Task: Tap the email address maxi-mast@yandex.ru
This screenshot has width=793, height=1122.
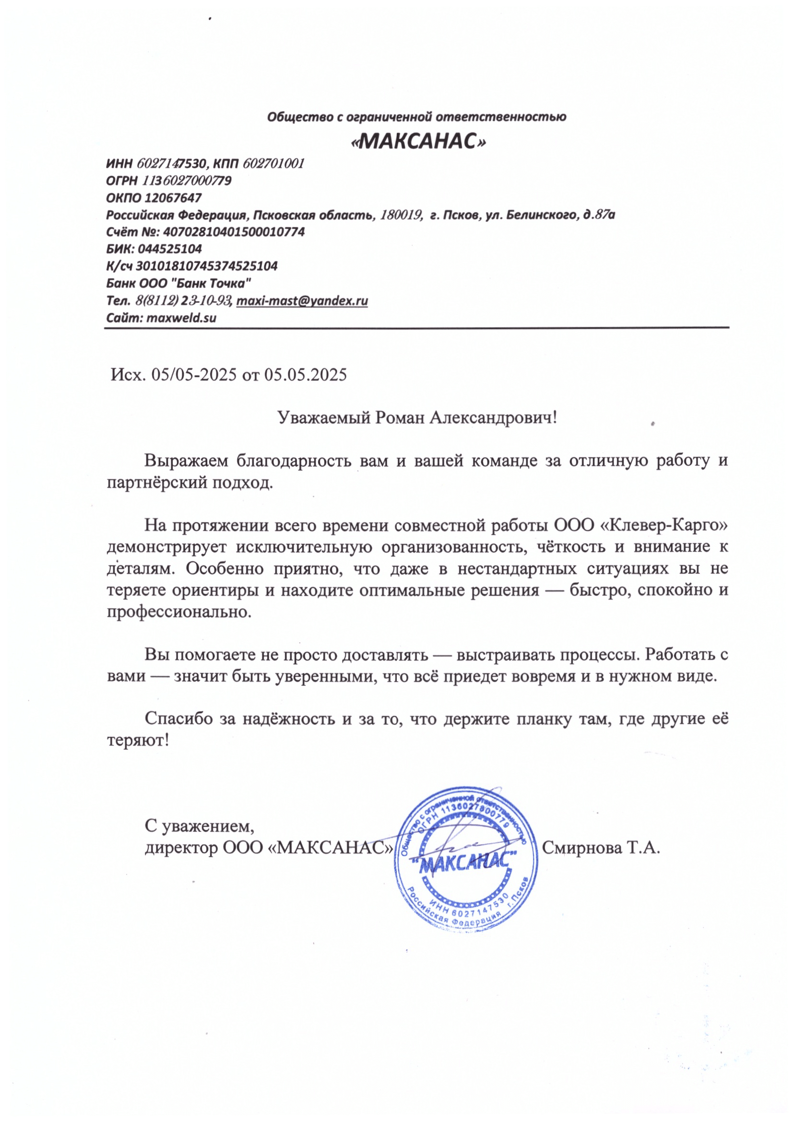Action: point(302,301)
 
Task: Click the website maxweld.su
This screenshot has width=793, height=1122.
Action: point(181,318)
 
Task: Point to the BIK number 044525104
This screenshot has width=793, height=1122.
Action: point(169,249)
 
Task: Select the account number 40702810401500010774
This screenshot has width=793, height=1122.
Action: point(234,232)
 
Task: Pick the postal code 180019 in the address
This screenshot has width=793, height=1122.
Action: point(401,214)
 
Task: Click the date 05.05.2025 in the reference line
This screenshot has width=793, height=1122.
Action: point(306,375)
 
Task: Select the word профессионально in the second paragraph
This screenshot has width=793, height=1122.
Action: point(179,611)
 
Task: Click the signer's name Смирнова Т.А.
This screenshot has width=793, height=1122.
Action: point(601,847)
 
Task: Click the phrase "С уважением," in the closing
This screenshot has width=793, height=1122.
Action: point(200,827)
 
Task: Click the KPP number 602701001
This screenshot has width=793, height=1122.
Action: point(273,163)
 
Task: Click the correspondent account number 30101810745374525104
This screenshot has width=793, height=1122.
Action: point(206,266)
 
